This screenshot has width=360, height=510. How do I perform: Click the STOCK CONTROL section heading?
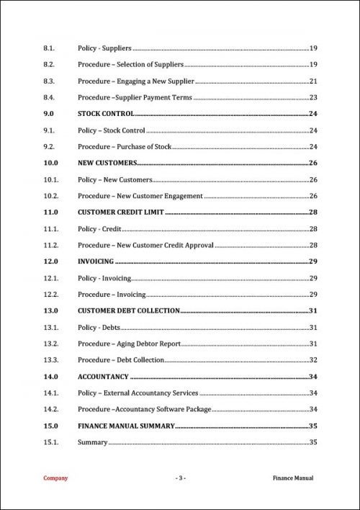(106, 114)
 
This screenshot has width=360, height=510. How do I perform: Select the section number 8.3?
(50, 81)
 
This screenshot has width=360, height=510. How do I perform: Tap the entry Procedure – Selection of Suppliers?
(130, 65)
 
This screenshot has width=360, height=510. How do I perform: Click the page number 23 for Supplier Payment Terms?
(313, 98)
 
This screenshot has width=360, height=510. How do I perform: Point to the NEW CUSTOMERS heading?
(107, 164)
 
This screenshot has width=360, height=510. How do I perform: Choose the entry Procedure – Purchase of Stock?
(125, 147)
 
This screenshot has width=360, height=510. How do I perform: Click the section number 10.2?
(50, 196)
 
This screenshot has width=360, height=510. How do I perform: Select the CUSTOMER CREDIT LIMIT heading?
(121, 212)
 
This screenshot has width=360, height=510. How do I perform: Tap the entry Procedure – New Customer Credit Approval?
(145, 246)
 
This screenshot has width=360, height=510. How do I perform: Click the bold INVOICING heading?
(95, 261)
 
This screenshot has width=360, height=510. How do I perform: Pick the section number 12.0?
(50, 261)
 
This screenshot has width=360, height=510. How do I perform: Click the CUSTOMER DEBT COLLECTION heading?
(128, 311)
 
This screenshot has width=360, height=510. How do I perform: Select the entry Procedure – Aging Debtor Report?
(129, 344)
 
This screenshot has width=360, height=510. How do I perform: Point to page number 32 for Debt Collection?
(313, 360)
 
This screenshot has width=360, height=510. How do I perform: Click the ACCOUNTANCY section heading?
(103, 377)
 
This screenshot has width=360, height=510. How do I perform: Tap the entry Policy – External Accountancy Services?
(138, 393)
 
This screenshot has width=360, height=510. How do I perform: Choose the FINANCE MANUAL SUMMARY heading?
(126, 426)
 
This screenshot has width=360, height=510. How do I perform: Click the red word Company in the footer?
(55, 478)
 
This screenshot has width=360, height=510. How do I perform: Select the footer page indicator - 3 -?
(180, 478)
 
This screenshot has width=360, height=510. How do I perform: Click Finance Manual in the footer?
(293, 478)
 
